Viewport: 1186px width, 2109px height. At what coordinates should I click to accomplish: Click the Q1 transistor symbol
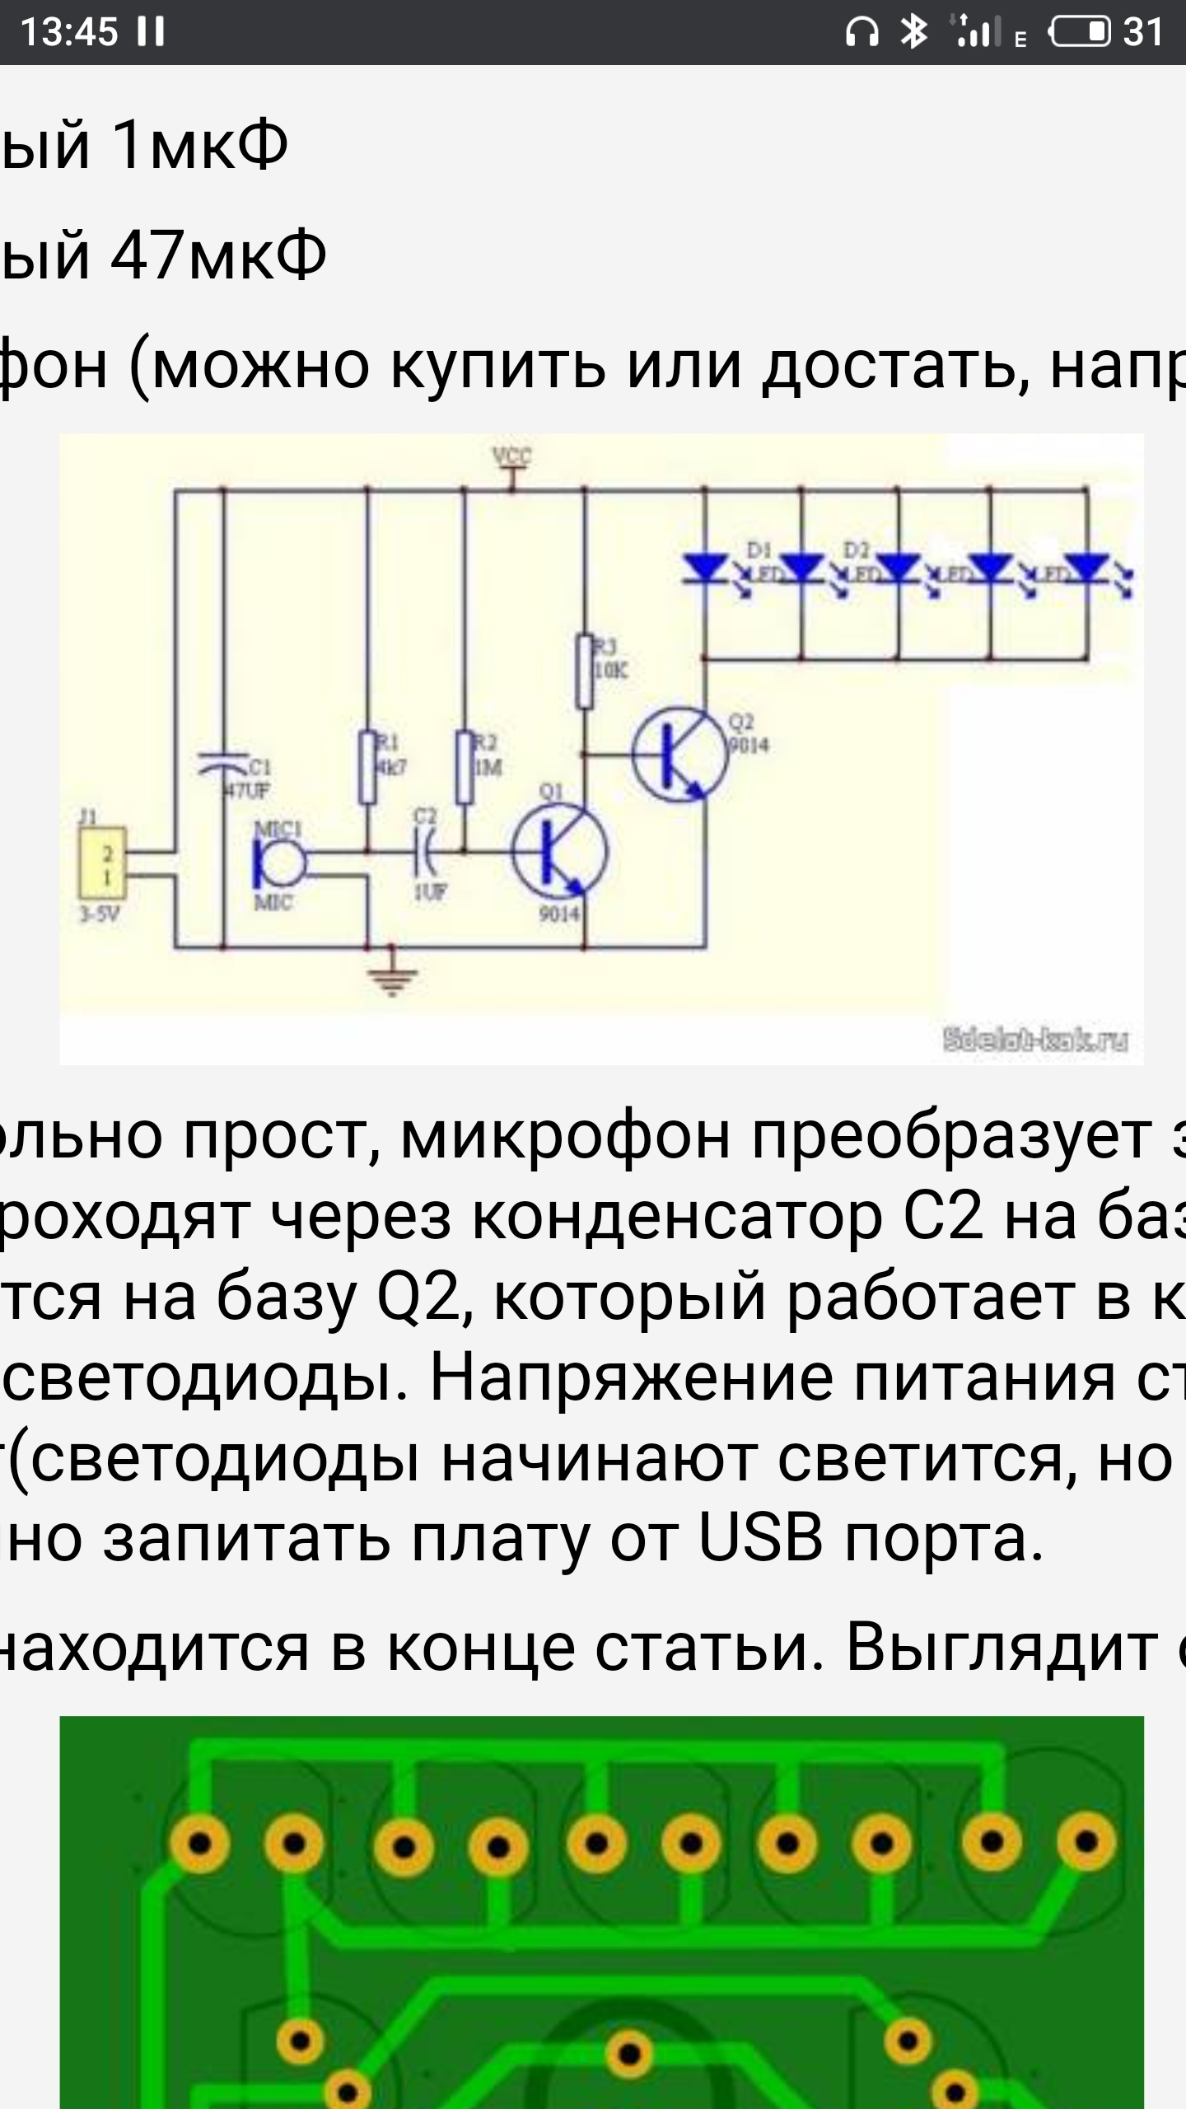559,852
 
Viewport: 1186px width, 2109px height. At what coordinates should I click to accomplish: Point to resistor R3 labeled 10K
585,671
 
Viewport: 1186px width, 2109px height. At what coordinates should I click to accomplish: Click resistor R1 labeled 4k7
367,767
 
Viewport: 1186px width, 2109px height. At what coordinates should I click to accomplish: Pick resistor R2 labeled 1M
465,767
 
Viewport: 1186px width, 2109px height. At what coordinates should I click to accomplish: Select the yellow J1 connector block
103,863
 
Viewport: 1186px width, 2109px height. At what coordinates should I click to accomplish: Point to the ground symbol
392,978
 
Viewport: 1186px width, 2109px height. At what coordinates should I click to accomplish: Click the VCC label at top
511,456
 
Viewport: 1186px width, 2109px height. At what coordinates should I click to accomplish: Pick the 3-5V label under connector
99,914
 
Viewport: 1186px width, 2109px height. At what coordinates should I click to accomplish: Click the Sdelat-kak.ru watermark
1035,1040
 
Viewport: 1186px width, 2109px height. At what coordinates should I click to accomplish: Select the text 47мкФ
218,255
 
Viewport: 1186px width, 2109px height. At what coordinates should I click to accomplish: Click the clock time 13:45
69,32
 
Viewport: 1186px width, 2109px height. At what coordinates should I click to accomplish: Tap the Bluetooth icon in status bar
913,32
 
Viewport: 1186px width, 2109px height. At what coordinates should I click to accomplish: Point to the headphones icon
861,32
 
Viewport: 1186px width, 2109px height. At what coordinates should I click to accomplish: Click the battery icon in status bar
1080,32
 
